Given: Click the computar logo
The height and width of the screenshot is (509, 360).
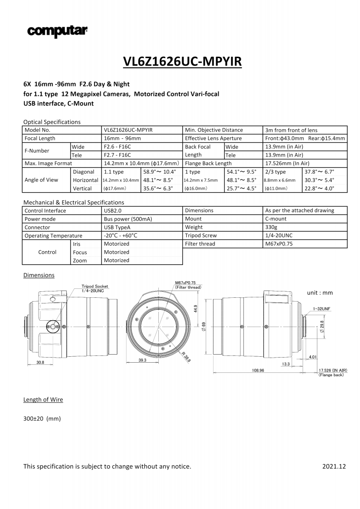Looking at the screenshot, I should click(57, 31).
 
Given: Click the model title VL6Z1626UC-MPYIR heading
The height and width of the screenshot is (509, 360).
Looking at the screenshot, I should click(182, 62).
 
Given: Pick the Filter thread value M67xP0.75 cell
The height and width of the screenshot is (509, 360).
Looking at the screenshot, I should click(278, 243).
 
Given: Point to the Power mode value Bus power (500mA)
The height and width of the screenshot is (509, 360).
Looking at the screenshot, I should click(128, 219).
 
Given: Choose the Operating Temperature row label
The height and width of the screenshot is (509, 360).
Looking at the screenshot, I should click(53, 235).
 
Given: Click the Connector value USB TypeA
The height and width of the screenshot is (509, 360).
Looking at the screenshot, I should click(119, 227).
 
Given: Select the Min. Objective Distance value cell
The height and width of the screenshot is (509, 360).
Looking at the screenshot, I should click(291, 130).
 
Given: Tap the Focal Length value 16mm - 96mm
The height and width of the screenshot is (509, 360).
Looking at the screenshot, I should click(122, 138).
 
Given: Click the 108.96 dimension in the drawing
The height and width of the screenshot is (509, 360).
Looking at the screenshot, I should click(258, 370).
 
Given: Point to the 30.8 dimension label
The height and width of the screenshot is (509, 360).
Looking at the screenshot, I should click(40, 362).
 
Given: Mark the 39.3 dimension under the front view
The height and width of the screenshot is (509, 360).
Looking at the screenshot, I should click(142, 360).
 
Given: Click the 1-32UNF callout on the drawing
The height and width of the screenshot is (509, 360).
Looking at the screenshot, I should click(321, 308).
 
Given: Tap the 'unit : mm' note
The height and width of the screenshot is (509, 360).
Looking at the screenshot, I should click(320, 293).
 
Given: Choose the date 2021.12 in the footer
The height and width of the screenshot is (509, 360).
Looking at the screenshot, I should click(334, 467).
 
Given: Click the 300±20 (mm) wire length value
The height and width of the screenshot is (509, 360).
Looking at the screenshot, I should click(42, 419).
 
